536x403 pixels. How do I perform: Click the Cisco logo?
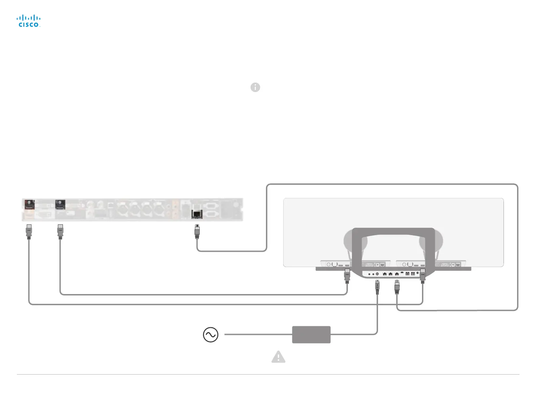click(29, 21)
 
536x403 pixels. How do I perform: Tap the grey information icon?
click(255, 87)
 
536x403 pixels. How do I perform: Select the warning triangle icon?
click(278, 357)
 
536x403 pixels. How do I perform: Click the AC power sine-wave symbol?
click(210, 335)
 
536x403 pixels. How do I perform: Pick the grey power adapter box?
click(311, 335)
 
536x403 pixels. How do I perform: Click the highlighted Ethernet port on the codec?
click(197, 214)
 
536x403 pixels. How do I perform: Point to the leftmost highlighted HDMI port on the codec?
click(29, 205)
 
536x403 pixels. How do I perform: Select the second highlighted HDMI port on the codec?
click(60, 204)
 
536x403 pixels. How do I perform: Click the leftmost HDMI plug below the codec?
click(29, 232)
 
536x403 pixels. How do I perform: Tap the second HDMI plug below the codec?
click(60, 232)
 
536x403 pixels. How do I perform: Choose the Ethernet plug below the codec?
click(197, 232)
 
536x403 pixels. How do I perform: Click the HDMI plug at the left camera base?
click(347, 276)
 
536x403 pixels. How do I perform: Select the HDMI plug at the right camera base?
click(422, 276)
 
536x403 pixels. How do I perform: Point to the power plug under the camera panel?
click(377, 287)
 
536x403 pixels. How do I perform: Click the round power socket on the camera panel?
click(377, 274)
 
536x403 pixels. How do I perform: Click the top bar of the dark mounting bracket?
click(393, 231)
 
